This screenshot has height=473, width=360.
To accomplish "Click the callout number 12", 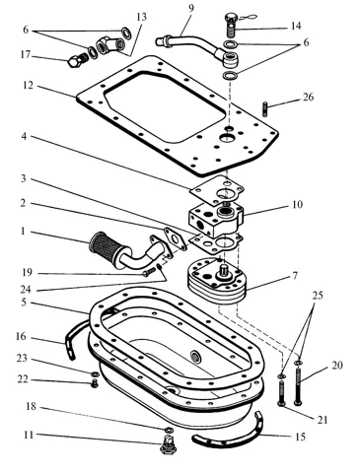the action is pos(28,86).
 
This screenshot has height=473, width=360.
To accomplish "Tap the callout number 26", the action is pos(308,98).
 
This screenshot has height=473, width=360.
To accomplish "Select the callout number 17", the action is pos(25,54).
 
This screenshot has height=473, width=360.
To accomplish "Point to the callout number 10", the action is pos(297,204).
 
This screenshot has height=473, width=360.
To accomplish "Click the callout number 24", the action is pos(26,289).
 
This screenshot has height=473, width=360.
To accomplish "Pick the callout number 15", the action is pos(300,437).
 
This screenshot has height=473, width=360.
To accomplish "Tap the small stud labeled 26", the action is pos(264,108).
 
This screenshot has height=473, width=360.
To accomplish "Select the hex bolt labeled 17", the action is pos(78,60).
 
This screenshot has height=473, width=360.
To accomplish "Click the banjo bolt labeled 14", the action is pos(232,24).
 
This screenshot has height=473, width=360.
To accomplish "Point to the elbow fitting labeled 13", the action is pos(110,45).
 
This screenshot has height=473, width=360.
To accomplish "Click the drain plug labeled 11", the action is pos(168,444).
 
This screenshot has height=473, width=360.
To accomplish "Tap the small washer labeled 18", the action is pos(169,430).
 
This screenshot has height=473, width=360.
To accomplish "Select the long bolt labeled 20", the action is pos(298,386).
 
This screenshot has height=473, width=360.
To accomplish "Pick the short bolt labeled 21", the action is pos(282,393).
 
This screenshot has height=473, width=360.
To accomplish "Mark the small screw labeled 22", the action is pos(95,383).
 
